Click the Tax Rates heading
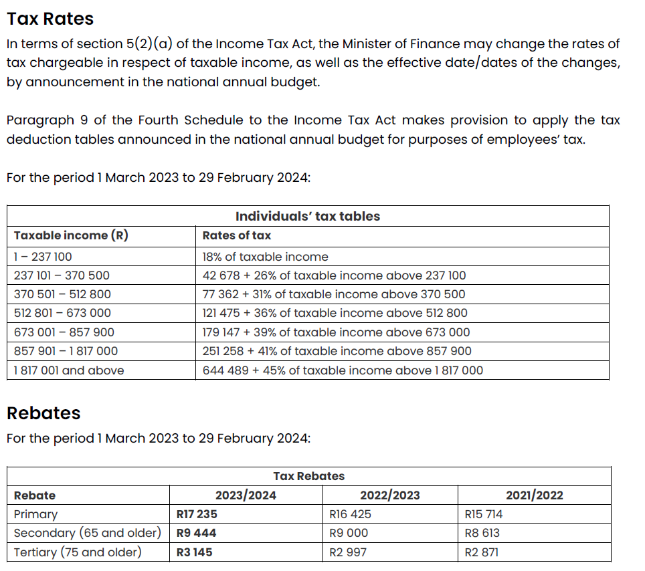tap(50, 19)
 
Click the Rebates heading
tap(43, 413)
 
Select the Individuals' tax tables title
tap(308, 216)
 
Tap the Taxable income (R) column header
tap(71, 235)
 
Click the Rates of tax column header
tap(237, 235)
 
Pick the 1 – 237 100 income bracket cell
tap(43, 257)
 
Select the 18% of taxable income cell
tap(266, 257)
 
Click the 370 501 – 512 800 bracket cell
tap(62, 294)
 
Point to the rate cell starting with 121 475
tap(335, 313)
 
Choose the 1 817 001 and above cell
tap(69, 370)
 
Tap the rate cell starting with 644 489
tap(343, 370)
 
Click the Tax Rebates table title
tap(309, 476)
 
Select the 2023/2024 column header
tap(246, 495)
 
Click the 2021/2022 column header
tap(535, 495)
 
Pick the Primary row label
tap(35, 514)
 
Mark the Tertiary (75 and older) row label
tap(78, 552)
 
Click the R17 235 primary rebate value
tap(197, 514)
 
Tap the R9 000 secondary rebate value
tap(349, 533)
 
